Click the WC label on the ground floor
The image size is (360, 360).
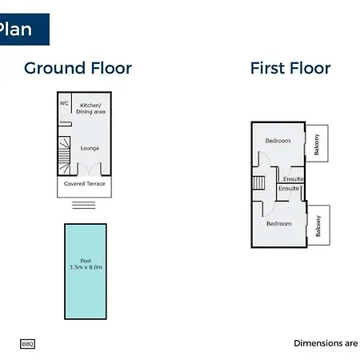[64, 103]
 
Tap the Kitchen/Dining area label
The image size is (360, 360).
[90, 109]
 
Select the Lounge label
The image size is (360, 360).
[90, 148]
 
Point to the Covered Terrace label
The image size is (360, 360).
[85, 184]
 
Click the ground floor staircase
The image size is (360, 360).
[64, 156]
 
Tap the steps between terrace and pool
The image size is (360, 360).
[84, 205]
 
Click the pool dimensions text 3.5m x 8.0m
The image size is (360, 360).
[86, 267]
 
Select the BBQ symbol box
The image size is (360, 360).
[27, 344]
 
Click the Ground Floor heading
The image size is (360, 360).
[78, 68]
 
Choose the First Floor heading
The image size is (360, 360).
[290, 68]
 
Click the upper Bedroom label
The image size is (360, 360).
[278, 141]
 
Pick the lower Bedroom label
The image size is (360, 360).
[279, 224]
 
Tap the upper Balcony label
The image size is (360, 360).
[317, 144]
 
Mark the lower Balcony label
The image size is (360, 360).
[318, 226]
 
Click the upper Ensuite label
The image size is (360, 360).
[294, 179]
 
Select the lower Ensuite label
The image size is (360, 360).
[289, 189]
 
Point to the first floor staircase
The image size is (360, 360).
[258, 182]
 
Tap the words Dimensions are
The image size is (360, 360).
[326, 343]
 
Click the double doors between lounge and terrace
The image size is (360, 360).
[90, 169]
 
